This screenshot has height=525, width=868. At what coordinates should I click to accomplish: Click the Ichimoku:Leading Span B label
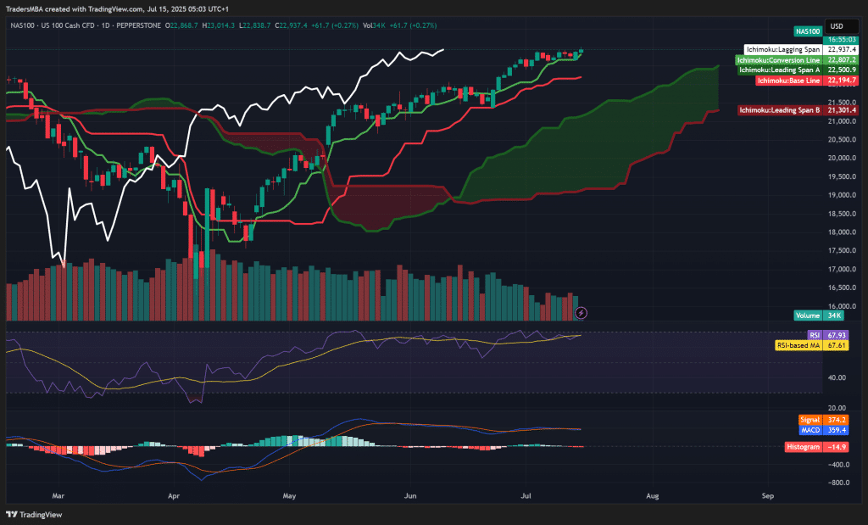(x=779, y=109)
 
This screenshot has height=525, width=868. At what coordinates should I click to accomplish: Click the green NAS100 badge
(x=810, y=31)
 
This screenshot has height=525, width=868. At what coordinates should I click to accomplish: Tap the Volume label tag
(x=808, y=316)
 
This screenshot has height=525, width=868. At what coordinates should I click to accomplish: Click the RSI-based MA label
(x=798, y=345)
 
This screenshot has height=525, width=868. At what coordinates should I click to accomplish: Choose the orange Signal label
(x=810, y=419)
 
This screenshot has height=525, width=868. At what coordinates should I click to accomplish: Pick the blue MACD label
(x=810, y=429)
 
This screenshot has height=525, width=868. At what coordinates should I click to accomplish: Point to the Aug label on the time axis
(x=653, y=494)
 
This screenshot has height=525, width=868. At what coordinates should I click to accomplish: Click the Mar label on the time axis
(x=58, y=494)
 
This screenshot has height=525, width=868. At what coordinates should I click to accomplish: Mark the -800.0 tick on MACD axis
(x=839, y=483)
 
